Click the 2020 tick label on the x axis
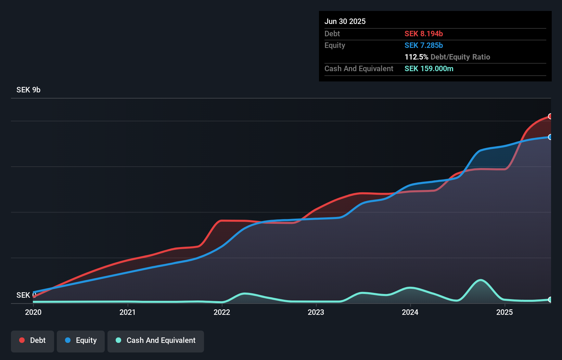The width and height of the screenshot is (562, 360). [x=33, y=312]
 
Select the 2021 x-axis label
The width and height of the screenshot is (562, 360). [x=127, y=312]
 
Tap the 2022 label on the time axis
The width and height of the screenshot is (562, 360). [x=222, y=312]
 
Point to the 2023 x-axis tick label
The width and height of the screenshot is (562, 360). [x=316, y=312]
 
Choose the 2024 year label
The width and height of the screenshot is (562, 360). [x=410, y=312]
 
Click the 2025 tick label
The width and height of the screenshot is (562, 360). [x=504, y=312]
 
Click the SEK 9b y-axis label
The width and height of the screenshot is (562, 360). [x=28, y=90]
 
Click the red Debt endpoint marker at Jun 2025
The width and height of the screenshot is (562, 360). [x=550, y=116]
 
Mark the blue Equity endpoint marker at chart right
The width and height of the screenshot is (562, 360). [x=550, y=137]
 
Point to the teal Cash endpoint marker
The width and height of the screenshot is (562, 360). [x=550, y=299]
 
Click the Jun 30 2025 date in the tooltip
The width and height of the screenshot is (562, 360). [x=345, y=21]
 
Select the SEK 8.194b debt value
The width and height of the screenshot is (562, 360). [x=424, y=34]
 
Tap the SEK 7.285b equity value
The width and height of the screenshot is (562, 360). [x=424, y=45]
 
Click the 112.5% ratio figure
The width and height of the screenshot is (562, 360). [x=416, y=57]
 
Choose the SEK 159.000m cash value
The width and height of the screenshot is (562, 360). [x=429, y=68]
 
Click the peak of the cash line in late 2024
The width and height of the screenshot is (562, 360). [x=481, y=280]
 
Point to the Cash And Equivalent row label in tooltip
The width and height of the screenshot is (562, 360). [x=359, y=68]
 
